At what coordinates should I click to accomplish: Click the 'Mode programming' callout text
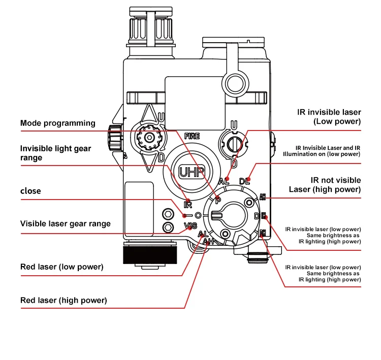[57, 123]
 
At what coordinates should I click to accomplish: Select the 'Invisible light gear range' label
[55, 153]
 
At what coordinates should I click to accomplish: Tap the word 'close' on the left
[30, 191]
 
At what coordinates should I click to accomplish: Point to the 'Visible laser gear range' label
[65, 223]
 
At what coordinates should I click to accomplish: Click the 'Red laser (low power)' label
[61, 267]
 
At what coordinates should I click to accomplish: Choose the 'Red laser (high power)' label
[63, 300]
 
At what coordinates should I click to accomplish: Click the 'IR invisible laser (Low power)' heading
[329, 117]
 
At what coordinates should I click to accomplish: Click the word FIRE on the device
[192, 136]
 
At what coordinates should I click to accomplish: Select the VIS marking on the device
[190, 225]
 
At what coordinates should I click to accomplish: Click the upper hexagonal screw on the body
[167, 213]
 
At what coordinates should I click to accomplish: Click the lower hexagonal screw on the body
[167, 227]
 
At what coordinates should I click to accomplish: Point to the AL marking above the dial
[224, 181]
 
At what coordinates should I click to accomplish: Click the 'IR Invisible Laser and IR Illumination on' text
[322, 150]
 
